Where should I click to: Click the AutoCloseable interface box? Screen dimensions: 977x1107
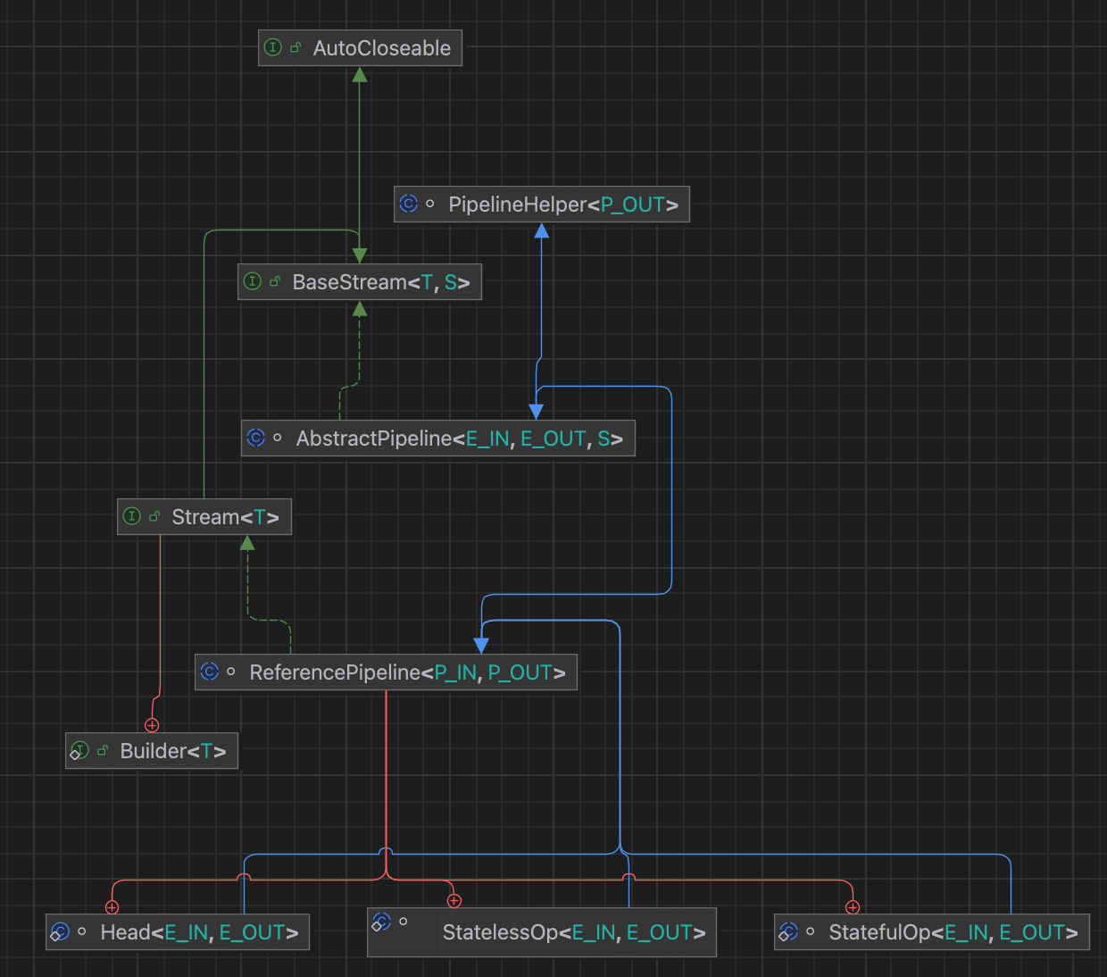(x=360, y=48)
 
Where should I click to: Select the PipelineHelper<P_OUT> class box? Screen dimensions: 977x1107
(x=541, y=205)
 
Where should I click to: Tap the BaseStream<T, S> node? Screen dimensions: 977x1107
(x=359, y=282)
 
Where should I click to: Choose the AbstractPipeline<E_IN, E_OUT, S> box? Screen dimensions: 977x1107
(x=437, y=438)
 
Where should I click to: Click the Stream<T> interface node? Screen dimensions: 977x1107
(x=204, y=517)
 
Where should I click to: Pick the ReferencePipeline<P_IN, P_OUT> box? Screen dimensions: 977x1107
(x=386, y=672)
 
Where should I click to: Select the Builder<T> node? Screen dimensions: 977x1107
(x=152, y=751)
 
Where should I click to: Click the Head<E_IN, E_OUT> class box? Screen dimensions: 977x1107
(x=178, y=932)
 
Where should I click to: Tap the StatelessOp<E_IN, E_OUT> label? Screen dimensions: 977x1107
(x=573, y=932)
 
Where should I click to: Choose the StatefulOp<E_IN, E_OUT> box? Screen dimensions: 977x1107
(x=931, y=932)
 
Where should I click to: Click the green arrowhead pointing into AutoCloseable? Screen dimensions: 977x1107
(x=360, y=75)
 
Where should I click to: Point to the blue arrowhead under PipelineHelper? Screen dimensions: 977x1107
(x=541, y=231)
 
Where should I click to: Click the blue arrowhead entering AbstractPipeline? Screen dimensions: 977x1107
(x=536, y=411)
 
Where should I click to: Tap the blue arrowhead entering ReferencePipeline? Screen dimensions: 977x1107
(x=481, y=645)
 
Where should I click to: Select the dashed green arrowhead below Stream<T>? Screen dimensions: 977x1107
(x=247, y=543)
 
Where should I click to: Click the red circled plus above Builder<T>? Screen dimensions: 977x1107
(x=152, y=725)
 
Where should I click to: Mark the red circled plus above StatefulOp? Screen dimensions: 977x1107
(x=853, y=907)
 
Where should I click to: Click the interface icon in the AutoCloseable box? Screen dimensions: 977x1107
(x=273, y=47)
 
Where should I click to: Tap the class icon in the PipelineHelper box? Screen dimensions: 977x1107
(x=408, y=204)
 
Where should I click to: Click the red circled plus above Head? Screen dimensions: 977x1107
(x=112, y=907)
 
